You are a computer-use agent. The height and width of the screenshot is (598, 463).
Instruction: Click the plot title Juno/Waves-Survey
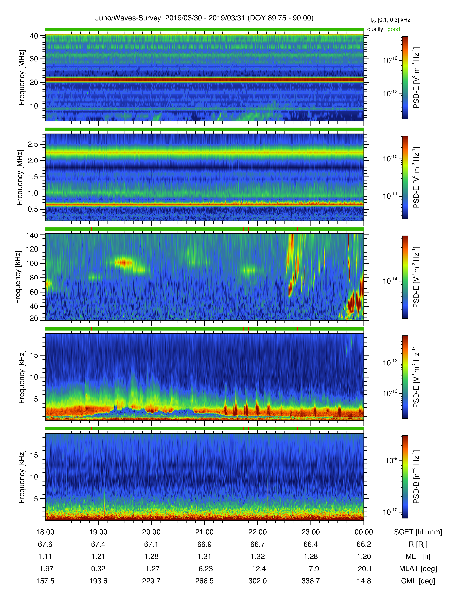point(128,18)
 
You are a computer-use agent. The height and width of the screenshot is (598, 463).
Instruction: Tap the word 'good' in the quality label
point(394,29)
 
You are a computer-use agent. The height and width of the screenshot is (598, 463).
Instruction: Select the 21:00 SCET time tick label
point(204,532)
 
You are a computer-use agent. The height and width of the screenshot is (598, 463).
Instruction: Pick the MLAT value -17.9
point(310,569)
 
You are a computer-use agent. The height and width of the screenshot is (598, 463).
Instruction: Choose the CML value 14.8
point(364,581)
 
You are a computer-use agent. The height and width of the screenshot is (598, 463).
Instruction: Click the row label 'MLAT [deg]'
point(418,569)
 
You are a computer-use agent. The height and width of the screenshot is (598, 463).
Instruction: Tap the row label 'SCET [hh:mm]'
point(418,532)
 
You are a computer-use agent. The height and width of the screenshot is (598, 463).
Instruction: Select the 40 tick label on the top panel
point(34,36)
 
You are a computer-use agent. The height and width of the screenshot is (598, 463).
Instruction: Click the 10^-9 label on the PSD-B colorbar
point(391,460)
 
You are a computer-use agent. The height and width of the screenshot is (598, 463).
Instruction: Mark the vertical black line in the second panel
point(244,177)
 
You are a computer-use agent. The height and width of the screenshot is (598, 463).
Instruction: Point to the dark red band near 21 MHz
point(204,80)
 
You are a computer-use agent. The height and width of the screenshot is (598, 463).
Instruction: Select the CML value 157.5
point(45,581)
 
